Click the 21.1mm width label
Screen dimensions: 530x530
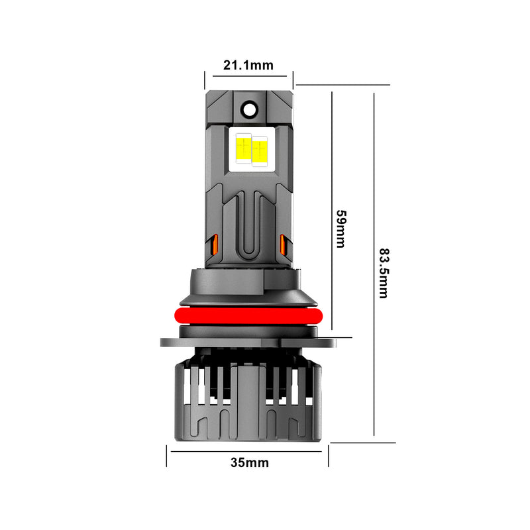click(x=248, y=65)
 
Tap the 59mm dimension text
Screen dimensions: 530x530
click(x=341, y=229)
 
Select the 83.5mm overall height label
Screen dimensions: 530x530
click(x=383, y=273)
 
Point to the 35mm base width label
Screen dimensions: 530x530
click(x=250, y=462)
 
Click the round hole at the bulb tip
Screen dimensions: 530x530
click(x=249, y=107)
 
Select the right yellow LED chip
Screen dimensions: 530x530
click(x=259, y=150)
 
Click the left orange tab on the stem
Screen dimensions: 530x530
click(x=214, y=244)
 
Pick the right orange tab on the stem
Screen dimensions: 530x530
click(x=284, y=244)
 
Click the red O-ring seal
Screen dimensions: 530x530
click(x=248, y=315)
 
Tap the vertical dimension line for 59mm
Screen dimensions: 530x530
click(x=331, y=212)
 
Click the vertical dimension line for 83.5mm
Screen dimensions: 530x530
click(x=374, y=265)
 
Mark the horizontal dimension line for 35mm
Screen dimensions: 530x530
click(x=248, y=451)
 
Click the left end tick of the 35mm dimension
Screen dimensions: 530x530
click(x=166, y=456)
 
